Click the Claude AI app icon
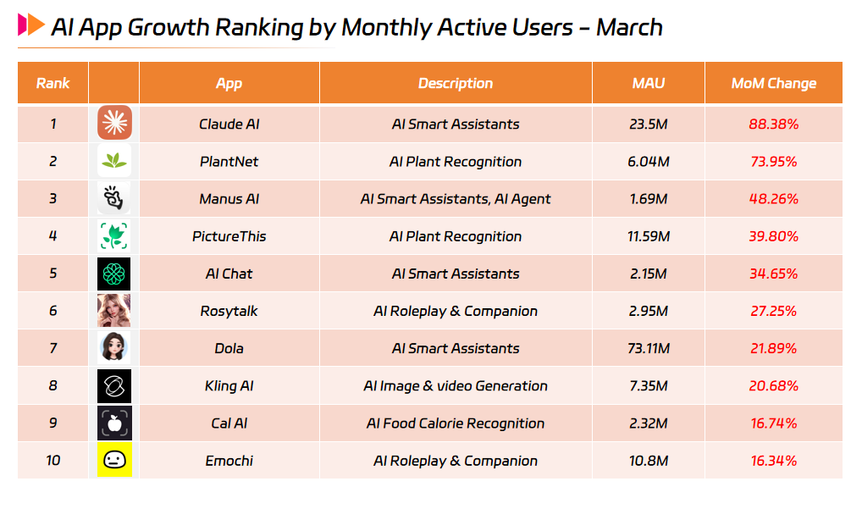coord(114,124)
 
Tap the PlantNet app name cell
coord(229,162)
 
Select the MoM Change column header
coord(773,83)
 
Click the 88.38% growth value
coord(773,124)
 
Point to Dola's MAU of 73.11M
coord(649,348)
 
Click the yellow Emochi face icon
coord(114,461)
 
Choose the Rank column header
coord(52,83)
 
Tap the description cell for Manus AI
coord(456,199)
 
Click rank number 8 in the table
coord(52,385)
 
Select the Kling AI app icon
coord(114,385)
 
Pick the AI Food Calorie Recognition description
coord(456,423)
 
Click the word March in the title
coord(628,27)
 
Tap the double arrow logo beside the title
coord(31,25)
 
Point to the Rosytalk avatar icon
coord(114,311)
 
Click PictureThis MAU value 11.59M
coord(649,236)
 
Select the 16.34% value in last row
coord(773,461)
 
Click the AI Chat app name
coord(229,274)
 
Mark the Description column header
coord(456,83)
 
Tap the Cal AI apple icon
coord(114,423)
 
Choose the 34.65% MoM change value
coord(773,274)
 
